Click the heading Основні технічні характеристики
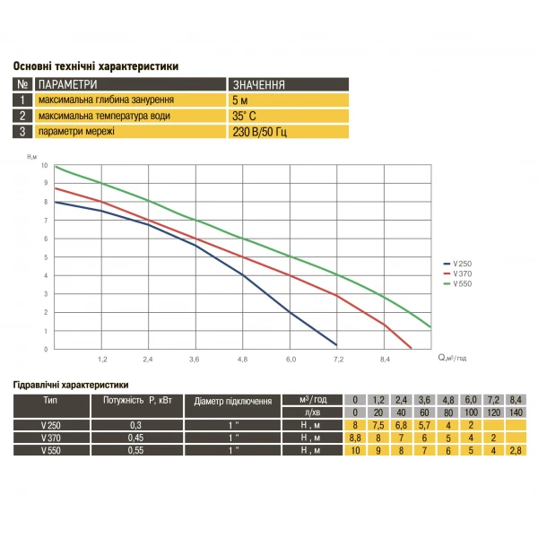pos(95,66)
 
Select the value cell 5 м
pos(239,100)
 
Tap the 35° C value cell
pos(245,116)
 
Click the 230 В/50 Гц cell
pos(259,132)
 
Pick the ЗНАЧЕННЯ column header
pos(258,85)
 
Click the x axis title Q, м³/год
pos(454,358)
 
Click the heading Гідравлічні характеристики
pos(72,383)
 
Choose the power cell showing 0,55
pos(134,450)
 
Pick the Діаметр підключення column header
pos(232,401)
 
